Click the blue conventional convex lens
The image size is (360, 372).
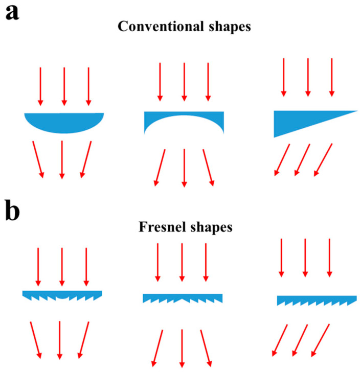64,122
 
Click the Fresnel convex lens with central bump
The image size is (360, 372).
62,295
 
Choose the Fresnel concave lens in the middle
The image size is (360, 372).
183,298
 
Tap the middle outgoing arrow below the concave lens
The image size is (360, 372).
184,167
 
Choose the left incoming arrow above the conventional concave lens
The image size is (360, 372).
160,81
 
